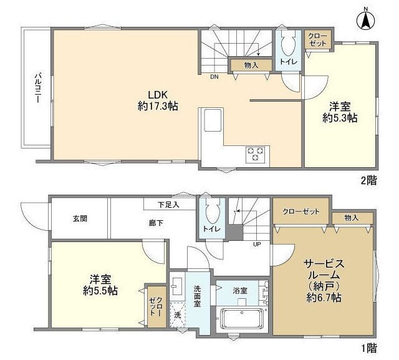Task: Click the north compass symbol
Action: coord(366,19)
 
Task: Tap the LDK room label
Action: coord(158,95)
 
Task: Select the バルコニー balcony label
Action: coord(38,88)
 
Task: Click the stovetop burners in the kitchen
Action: coord(255,154)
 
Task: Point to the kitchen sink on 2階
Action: coord(213,120)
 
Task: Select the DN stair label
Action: coord(214,77)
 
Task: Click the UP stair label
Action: coord(257,245)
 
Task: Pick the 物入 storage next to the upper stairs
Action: coord(251,66)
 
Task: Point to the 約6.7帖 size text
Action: coord(324,298)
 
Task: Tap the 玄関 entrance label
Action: coord(80,218)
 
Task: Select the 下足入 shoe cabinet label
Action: coord(168,205)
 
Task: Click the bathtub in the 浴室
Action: coord(241,318)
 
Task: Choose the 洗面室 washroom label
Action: coord(197,296)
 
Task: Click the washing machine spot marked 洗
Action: coord(177,315)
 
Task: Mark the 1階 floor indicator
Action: coord(369,348)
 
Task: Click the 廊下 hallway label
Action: coord(156,223)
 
